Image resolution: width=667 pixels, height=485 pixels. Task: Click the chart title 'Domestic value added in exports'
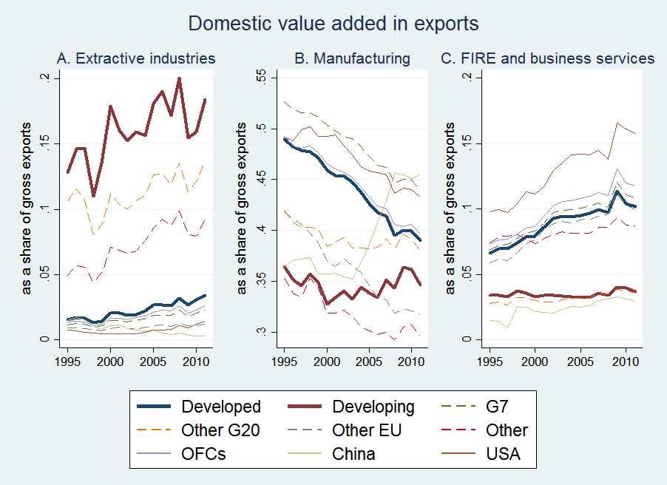(x=333, y=24)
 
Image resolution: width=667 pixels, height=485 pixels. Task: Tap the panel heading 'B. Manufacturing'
(x=352, y=58)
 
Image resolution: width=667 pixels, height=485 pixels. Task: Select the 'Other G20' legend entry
(x=219, y=430)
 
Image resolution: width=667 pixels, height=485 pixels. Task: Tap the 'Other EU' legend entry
(x=367, y=430)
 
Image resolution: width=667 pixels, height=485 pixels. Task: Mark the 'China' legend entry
(x=353, y=453)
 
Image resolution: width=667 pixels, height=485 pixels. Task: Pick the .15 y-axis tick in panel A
(x=47, y=143)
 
